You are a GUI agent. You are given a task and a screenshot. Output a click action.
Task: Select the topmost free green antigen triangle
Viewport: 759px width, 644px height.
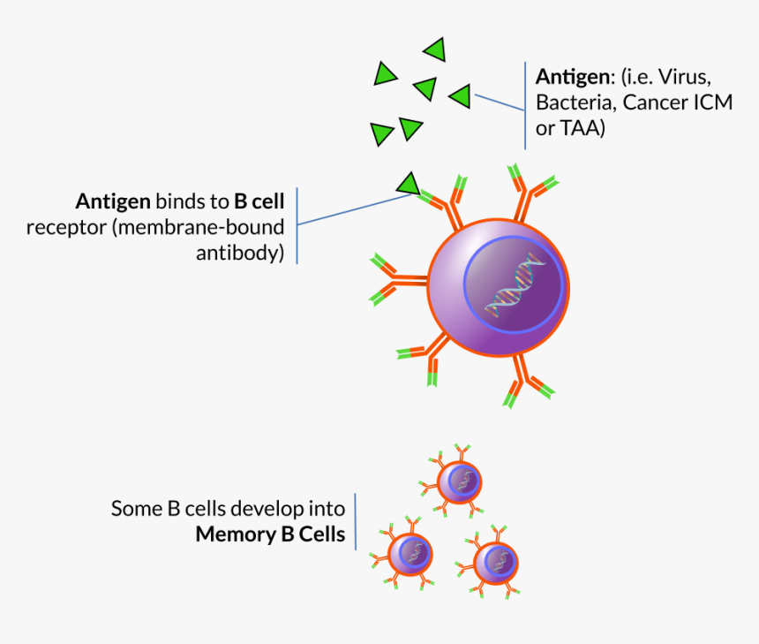pos(435,49)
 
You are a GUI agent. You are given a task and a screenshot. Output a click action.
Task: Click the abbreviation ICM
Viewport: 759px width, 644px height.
pos(714,102)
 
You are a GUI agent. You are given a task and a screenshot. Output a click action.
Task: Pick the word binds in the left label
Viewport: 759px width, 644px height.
pos(181,201)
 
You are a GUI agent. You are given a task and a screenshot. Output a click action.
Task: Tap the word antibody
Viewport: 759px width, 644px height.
pos(240,254)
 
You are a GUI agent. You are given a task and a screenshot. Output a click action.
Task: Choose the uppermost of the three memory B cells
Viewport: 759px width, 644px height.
pos(460,481)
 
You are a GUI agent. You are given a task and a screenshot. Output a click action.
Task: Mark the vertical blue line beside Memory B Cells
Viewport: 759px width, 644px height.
pos(357,521)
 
